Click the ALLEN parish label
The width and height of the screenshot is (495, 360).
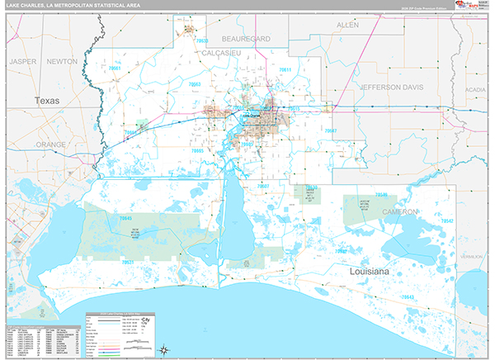(348, 26)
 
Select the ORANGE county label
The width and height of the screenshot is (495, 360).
(50, 144)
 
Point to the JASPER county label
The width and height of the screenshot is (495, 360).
(23, 61)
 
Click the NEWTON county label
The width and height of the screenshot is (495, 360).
(62, 61)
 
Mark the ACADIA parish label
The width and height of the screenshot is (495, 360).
(475, 88)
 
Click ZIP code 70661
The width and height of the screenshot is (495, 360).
(120, 69)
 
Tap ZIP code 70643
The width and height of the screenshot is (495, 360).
(408, 297)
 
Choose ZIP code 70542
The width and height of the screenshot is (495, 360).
(446, 221)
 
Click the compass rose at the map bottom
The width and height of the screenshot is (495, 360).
(163, 349)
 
